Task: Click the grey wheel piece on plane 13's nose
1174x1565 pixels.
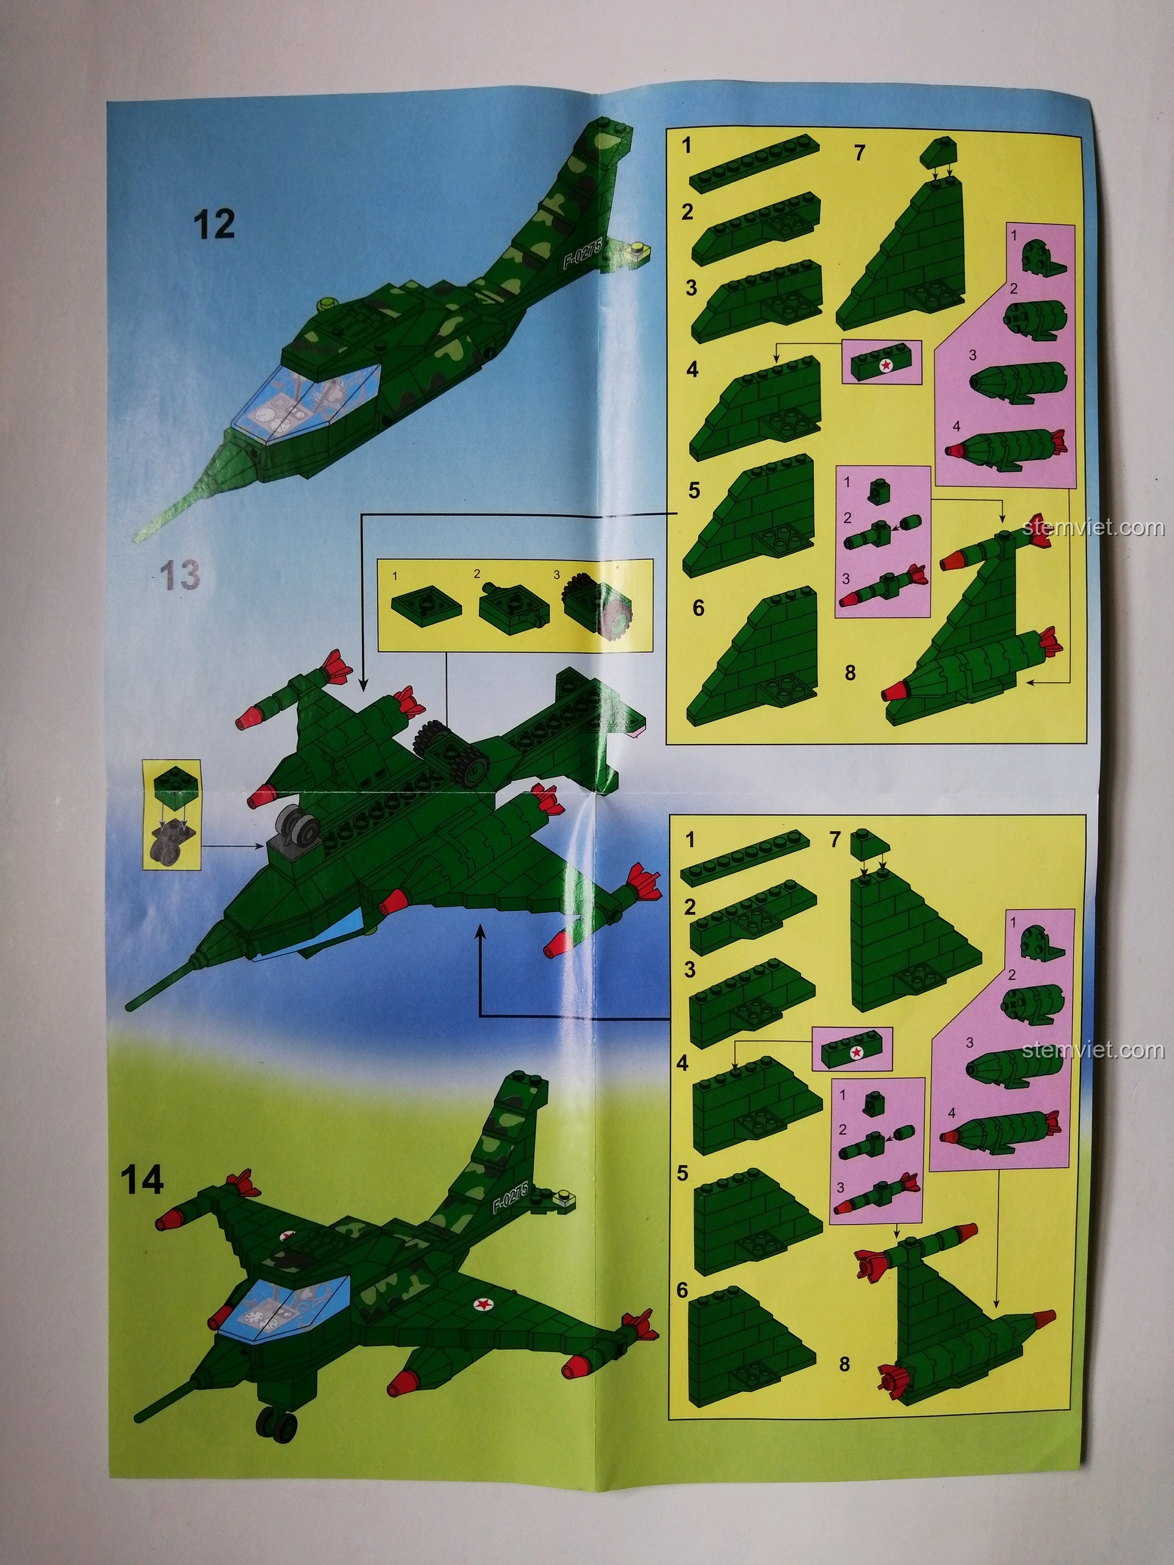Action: pyautogui.click(x=297, y=826)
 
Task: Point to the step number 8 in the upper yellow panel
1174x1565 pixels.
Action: pyautogui.click(x=850, y=672)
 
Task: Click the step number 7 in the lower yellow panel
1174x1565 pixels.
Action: pyautogui.click(x=836, y=841)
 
